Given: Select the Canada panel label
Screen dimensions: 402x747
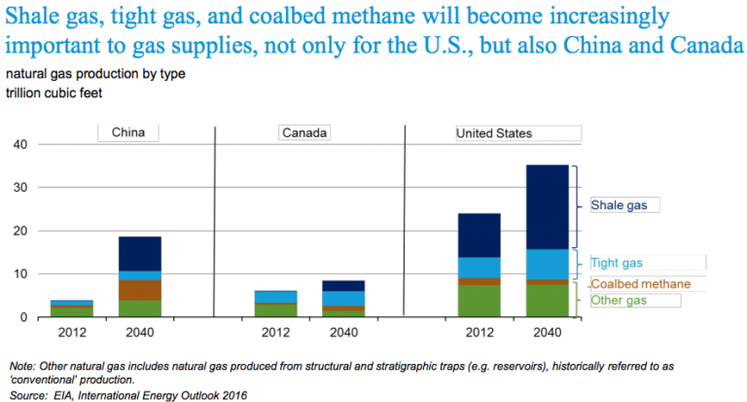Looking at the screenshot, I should [304, 133].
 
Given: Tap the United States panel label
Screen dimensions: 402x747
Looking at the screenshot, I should [494, 133].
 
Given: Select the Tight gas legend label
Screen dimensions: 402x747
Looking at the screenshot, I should [618, 263].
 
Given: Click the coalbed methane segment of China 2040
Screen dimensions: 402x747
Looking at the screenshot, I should [139, 290].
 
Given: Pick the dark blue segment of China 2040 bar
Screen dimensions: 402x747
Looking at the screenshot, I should [139, 253].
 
